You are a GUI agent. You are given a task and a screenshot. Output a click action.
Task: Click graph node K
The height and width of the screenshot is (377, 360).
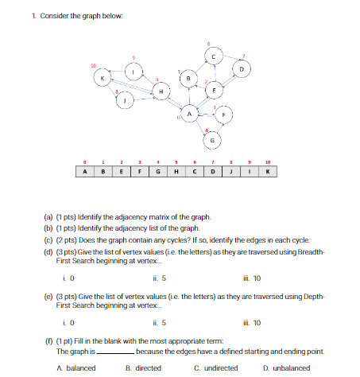(103, 78)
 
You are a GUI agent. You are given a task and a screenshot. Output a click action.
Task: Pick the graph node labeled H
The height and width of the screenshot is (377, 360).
(162, 94)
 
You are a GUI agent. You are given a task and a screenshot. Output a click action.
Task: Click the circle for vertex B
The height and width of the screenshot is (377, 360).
(188, 78)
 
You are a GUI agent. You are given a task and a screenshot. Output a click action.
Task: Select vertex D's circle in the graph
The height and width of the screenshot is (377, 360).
(242, 71)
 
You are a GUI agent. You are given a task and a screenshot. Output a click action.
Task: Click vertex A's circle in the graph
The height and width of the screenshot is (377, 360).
(189, 115)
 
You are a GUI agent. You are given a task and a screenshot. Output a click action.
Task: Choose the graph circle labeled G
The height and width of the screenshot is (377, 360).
(212, 140)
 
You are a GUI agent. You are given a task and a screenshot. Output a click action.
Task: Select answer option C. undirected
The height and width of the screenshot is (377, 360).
(215, 367)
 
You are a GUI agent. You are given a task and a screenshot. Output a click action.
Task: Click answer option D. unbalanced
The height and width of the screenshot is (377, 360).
(289, 367)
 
